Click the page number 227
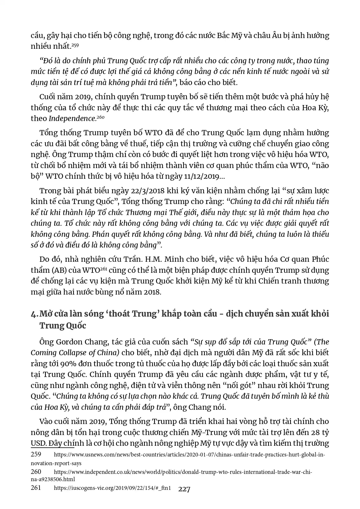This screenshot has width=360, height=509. pyautogui.click(x=184, y=490)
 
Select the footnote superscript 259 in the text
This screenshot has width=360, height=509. pyautogui.click(x=75, y=45)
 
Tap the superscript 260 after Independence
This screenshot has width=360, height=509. pyautogui.click(x=100, y=117)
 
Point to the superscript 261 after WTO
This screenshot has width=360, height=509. pyautogui.click(x=104, y=269)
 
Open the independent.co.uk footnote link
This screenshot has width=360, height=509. pyautogui.click(x=183, y=472)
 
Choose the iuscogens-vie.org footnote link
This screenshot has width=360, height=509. pyautogui.click(x=112, y=488)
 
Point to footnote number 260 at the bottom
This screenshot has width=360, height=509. pyautogui.click(x=36, y=472)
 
